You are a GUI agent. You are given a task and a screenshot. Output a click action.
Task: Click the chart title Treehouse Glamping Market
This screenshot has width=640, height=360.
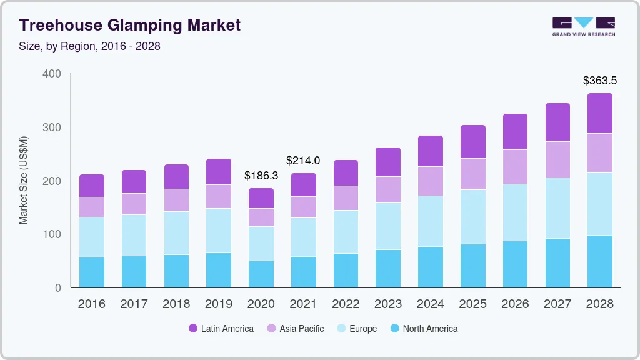click(x=129, y=26)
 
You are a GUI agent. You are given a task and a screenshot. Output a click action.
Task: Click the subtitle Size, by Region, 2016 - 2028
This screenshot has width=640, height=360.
click(x=89, y=47)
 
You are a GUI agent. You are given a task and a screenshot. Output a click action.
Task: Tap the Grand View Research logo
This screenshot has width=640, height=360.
click(x=584, y=26)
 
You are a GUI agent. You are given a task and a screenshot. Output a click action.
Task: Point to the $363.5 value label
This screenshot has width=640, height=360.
click(x=599, y=81)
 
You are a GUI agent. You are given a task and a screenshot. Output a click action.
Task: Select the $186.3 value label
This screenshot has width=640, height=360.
click(x=261, y=176)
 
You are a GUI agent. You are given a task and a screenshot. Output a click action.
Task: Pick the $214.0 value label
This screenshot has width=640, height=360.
click(x=303, y=161)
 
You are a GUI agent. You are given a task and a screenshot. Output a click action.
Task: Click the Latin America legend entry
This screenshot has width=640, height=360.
click(x=221, y=329)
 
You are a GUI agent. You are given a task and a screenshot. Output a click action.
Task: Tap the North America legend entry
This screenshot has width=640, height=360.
click(x=423, y=329)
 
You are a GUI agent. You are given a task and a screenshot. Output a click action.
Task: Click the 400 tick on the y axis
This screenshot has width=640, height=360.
click(x=52, y=74)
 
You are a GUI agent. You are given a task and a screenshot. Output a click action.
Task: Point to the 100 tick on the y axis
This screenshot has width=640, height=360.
click(x=52, y=234)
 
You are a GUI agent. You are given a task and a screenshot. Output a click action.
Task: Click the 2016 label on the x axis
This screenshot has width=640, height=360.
click(x=91, y=304)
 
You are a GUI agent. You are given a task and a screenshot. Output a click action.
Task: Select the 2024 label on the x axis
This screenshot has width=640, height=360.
click(x=431, y=304)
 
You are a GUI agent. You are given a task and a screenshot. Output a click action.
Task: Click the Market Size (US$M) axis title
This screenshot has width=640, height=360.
click(x=24, y=180)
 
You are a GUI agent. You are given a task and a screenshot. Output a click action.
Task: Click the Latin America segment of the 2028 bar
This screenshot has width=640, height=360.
click(x=599, y=113)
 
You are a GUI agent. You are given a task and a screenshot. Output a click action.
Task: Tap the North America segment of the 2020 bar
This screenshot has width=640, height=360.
click(x=261, y=274)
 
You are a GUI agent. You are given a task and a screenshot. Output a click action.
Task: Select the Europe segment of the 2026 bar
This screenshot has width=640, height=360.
click(x=515, y=212)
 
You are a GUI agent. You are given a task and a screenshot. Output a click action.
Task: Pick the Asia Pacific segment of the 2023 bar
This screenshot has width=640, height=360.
click(x=388, y=189)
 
